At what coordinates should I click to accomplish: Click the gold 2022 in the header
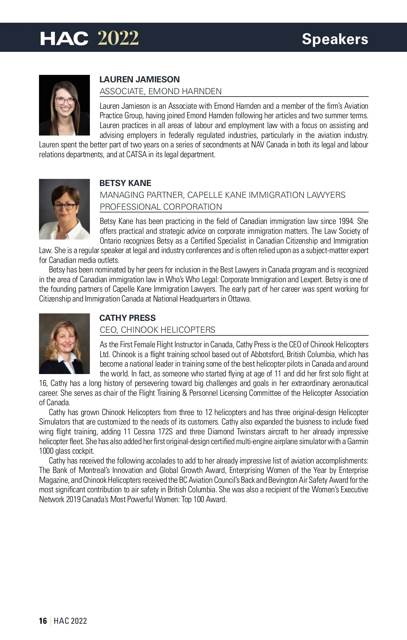(x=118, y=38)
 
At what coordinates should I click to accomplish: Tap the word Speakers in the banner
(x=335, y=39)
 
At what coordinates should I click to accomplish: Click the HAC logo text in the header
(x=64, y=39)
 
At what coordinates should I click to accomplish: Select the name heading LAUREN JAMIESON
(x=139, y=79)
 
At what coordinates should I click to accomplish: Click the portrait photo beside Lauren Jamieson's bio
(x=64, y=105)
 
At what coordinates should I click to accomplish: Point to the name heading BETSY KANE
(x=125, y=183)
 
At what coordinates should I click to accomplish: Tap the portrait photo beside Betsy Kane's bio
(x=64, y=209)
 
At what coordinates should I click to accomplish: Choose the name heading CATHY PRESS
(x=128, y=318)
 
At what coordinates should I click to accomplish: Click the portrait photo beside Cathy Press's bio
(x=64, y=344)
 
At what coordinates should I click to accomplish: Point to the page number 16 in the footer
(x=43, y=621)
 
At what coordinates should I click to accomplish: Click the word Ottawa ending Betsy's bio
(x=239, y=299)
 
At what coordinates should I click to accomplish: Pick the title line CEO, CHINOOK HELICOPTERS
(x=157, y=330)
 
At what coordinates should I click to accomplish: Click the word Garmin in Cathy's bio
(x=357, y=441)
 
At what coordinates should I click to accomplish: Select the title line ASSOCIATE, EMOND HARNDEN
(x=160, y=91)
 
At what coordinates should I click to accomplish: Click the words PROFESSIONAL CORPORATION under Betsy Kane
(x=161, y=207)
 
